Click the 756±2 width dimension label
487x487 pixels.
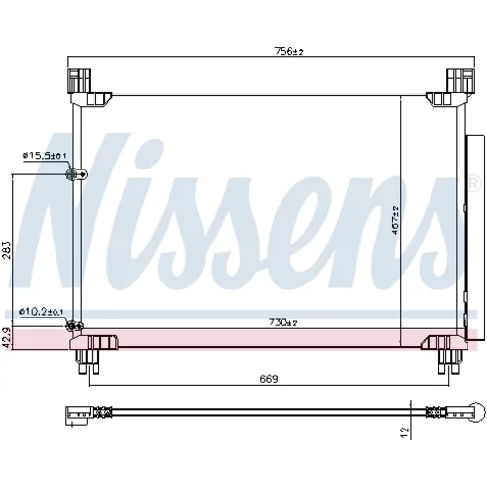tap(288, 51)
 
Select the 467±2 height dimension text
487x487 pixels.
tap(395, 220)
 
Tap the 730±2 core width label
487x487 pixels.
tap(283, 322)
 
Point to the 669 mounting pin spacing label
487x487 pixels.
tap(269, 379)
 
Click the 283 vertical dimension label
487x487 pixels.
tap(8, 249)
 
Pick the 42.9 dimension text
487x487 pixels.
tap(8, 338)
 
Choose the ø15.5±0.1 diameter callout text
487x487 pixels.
tap(45, 156)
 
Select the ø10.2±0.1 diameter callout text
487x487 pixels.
tap(42, 312)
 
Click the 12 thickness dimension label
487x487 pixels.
tap(404, 431)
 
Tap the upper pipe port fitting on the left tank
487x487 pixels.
tap(76, 174)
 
